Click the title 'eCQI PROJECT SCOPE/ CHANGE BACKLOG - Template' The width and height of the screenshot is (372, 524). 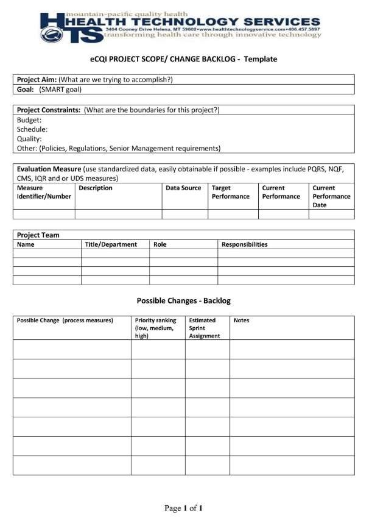pos(180,59)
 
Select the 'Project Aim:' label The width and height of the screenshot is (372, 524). pos(37,79)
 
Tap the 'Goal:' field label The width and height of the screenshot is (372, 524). pos(26,89)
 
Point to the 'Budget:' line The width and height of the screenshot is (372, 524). pos(29,120)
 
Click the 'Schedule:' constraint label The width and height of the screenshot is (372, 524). pos(32,129)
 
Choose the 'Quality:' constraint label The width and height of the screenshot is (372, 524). pos(29,138)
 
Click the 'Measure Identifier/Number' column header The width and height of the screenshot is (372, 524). pos(44,192)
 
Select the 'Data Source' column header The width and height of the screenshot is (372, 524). pos(183,188)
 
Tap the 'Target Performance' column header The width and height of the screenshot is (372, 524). pos(231,192)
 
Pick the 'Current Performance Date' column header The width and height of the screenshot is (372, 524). pos(331,196)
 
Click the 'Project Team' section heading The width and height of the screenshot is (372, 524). pos(38,235)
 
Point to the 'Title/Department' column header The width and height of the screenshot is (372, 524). pos(111,244)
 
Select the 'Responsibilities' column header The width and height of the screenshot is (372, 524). pos(244,244)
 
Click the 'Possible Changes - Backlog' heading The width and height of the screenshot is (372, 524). pos(183,300)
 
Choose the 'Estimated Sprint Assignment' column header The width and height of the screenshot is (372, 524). pos(205,328)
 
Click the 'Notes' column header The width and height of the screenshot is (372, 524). pos(241,320)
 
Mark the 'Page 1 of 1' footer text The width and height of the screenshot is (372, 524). pos(183,508)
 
